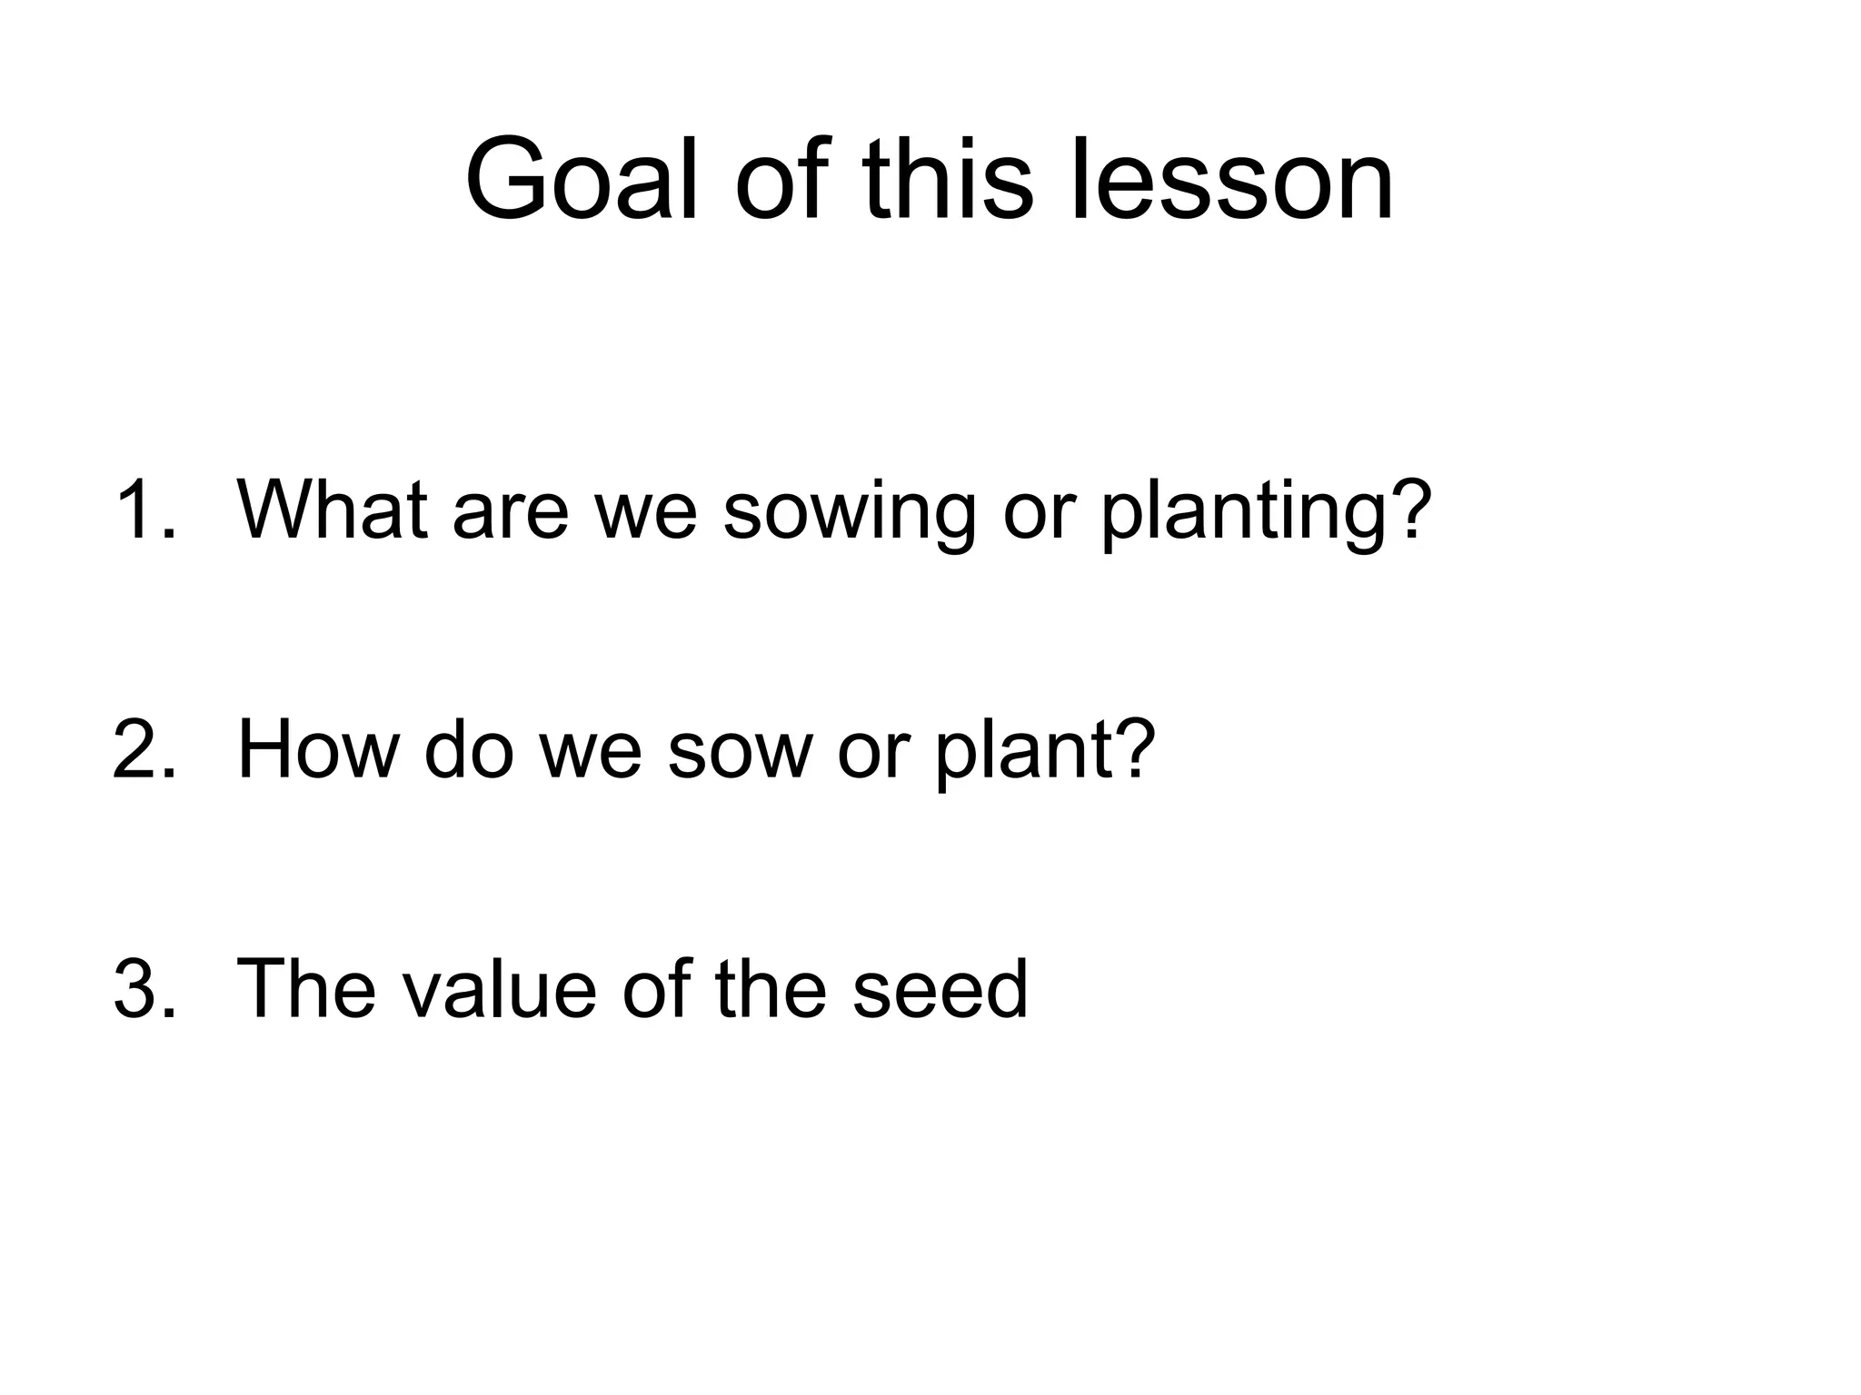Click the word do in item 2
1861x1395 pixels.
pyautogui.click(x=469, y=749)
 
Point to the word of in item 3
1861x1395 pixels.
pyautogui.click(x=660, y=989)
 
